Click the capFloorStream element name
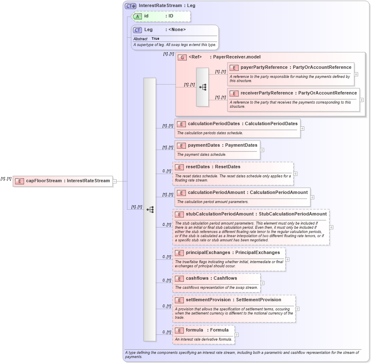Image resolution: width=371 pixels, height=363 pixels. click(x=44, y=181)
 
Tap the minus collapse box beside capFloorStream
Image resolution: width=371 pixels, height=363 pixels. click(x=115, y=181)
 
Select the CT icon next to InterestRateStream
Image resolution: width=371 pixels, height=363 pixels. click(x=131, y=6)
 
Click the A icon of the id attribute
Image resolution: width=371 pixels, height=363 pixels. click(x=137, y=16)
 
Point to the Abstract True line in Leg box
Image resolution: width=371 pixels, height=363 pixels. click(x=146, y=39)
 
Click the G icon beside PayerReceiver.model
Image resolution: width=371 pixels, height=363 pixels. click(x=182, y=57)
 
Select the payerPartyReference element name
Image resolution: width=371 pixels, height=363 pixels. click(x=264, y=67)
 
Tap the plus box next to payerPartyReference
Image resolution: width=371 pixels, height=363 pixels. click(x=356, y=74)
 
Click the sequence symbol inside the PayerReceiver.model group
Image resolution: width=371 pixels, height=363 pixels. click(x=203, y=87)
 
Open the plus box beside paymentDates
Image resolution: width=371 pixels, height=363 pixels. click(x=262, y=150)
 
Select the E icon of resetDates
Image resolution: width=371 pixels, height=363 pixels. click(x=179, y=167)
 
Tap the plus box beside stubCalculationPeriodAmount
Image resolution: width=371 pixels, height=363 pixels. click(x=331, y=227)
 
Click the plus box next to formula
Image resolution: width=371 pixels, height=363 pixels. click(x=236, y=334)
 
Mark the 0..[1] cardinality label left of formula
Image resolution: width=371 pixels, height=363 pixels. click(x=167, y=332)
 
